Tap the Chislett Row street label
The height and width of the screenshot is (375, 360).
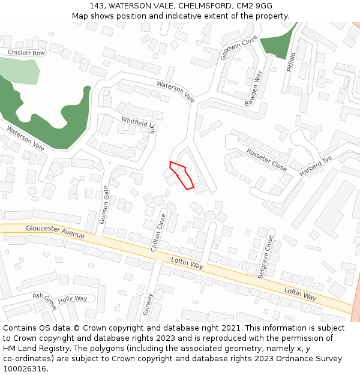(26, 53)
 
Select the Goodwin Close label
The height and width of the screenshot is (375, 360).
(238, 47)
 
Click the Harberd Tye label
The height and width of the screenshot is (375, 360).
(316, 166)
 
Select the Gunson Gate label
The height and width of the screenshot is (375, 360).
(104, 205)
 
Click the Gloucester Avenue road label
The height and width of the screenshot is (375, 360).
(55, 232)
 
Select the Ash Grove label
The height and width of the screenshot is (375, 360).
(45, 301)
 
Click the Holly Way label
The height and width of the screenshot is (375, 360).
(73, 298)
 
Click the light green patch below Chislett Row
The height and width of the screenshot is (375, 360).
(20, 73)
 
